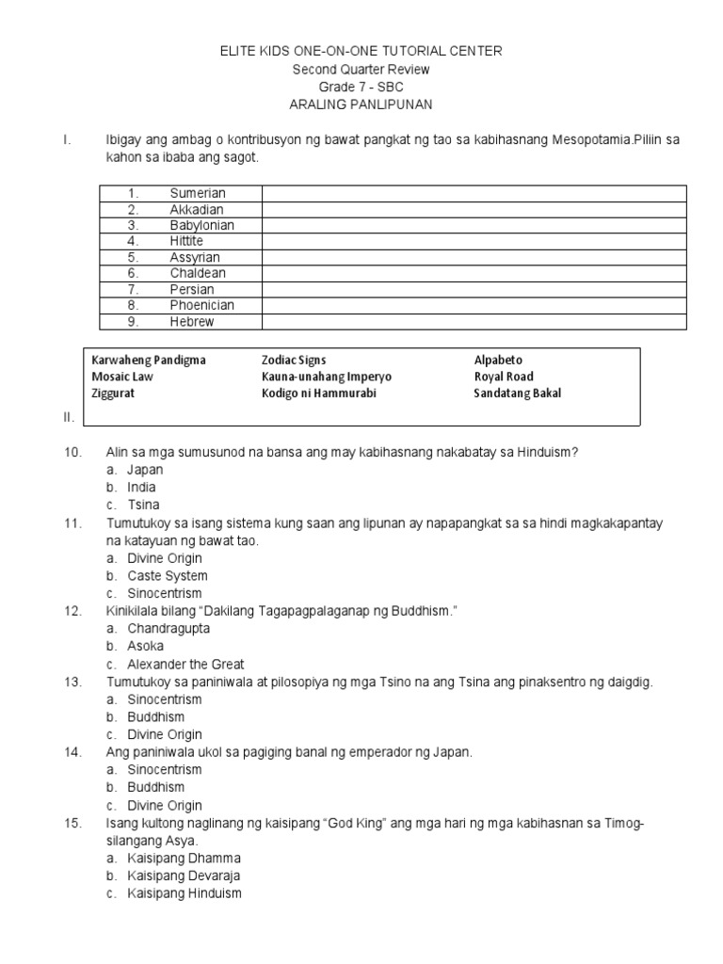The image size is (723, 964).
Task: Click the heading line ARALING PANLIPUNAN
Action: point(361,104)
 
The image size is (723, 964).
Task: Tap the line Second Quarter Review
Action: point(361,69)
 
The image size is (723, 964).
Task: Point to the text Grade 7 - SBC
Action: point(361,87)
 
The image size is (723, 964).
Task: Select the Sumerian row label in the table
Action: point(198,193)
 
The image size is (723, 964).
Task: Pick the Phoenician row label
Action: point(201,305)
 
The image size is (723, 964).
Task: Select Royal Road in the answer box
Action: point(503,377)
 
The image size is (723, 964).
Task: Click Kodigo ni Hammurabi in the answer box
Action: point(318,394)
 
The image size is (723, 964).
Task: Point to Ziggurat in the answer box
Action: point(113,394)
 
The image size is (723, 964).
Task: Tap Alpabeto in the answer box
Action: point(497,360)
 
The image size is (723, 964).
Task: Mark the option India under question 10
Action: point(141,487)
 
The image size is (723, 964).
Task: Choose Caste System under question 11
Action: point(168,575)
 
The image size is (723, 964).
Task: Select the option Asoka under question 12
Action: point(145,646)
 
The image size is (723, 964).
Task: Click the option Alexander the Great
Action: point(185,664)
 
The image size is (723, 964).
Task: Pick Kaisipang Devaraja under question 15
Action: point(184,876)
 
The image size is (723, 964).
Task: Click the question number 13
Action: point(74,682)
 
